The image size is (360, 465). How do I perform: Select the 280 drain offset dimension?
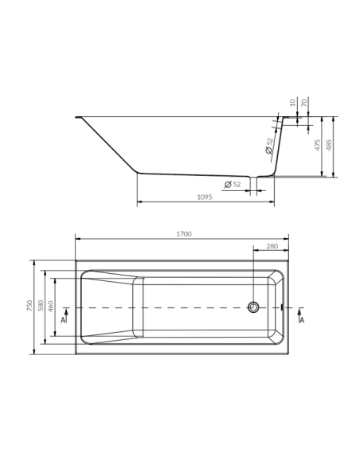coord(272,246)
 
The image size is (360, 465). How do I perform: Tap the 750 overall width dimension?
coord(29,307)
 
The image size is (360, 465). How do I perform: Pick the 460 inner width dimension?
coord(51,307)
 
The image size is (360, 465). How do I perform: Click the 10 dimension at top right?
coord(293,103)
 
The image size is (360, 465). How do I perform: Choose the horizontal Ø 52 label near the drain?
coord(233,185)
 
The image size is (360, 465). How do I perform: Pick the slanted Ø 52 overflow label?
coord(269,146)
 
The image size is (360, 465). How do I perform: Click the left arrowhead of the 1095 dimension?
coord(141,204)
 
